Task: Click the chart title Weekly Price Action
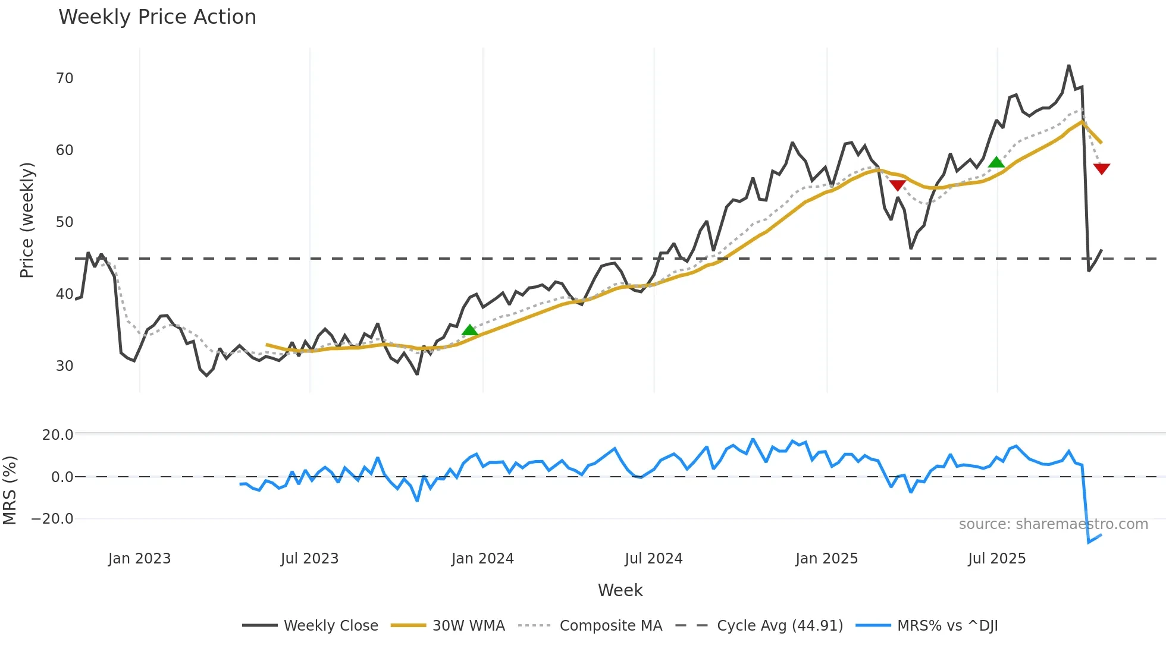click(x=157, y=17)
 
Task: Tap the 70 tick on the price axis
click(x=64, y=78)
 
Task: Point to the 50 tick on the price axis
click(x=64, y=222)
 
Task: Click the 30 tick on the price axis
click(x=64, y=366)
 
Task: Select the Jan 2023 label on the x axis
click(x=139, y=559)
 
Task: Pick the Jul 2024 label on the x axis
click(x=653, y=559)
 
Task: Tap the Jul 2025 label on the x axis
click(x=996, y=559)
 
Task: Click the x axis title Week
click(x=620, y=590)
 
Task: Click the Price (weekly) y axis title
click(x=27, y=220)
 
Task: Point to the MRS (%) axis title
click(x=10, y=490)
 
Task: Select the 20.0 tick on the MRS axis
click(x=58, y=435)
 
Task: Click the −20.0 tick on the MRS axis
click(x=52, y=519)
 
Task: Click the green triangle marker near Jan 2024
click(x=470, y=330)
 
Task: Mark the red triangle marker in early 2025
click(x=897, y=185)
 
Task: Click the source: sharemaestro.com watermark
click(x=1053, y=524)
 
